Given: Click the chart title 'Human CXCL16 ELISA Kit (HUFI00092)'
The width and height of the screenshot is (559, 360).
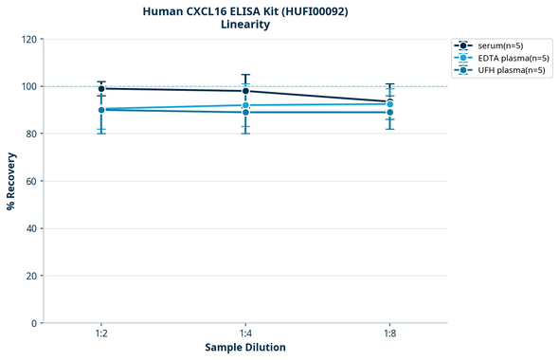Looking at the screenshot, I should (244, 10).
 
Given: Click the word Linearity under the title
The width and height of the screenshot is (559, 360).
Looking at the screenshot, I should (244, 25).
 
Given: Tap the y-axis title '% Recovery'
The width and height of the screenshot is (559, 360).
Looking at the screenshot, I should (11, 180).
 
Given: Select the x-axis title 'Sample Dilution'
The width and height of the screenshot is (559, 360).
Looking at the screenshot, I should (244, 347).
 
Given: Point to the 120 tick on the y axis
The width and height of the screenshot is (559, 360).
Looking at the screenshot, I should (28, 39).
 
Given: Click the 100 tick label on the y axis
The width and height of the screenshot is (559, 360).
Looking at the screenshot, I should (28, 86).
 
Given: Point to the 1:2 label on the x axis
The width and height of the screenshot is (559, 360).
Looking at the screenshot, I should (101, 333).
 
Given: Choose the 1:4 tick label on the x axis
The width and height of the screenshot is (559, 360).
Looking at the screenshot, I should (245, 333).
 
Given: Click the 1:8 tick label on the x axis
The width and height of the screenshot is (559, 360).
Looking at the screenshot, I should (389, 333).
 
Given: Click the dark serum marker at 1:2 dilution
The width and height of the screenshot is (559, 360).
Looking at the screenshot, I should (101, 88).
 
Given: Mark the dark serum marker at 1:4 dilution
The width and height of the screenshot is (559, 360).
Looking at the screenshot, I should (245, 91).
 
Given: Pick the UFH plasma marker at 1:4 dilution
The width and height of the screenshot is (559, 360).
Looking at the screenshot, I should (245, 112).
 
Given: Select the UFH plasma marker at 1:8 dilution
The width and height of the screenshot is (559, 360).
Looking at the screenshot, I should (389, 112).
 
